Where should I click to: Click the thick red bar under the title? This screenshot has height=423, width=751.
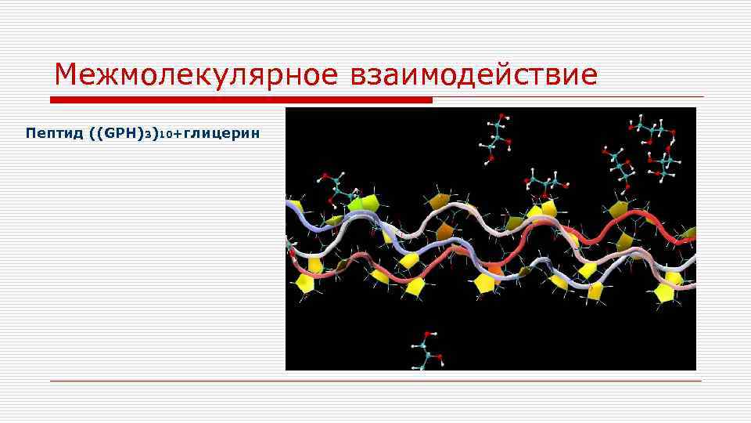click(241, 100)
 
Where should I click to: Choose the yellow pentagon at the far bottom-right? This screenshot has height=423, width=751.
click(665, 293)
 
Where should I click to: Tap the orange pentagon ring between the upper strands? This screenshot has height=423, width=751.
click(444, 230)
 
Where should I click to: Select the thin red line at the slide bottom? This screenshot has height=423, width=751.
click(375, 381)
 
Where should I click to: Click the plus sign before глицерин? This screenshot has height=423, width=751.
click(176, 134)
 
